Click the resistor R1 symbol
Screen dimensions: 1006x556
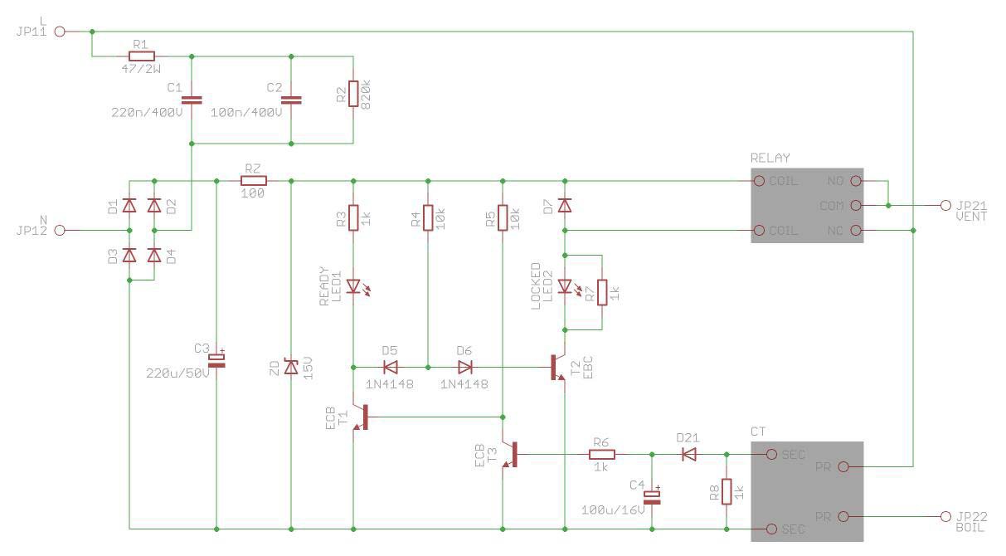(x=142, y=56)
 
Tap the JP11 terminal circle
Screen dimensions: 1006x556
(x=60, y=32)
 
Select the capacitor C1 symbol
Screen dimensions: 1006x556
(x=192, y=100)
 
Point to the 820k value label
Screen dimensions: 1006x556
(x=366, y=95)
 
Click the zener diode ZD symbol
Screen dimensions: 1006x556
(x=291, y=368)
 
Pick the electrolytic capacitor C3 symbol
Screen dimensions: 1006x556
(x=216, y=360)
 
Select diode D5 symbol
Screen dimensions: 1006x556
(x=391, y=368)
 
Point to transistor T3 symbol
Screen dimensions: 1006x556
(x=510, y=454)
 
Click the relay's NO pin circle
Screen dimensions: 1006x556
(x=857, y=181)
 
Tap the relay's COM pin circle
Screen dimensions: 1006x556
(x=857, y=206)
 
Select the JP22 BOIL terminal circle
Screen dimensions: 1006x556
(x=945, y=516)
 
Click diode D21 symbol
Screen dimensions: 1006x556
(x=689, y=454)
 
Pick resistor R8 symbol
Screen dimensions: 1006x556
(x=727, y=492)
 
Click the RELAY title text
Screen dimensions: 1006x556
(x=770, y=159)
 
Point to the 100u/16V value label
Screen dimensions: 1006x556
(x=613, y=510)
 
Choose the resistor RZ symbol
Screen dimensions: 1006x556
(x=254, y=181)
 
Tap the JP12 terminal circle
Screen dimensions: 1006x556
(x=60, y=230)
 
